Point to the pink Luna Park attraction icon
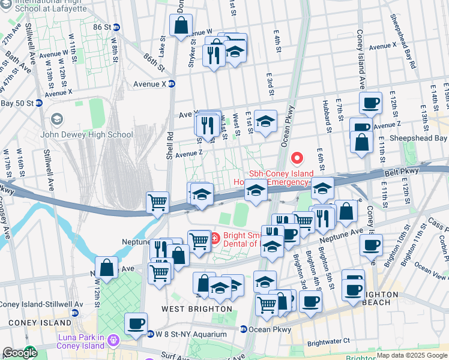point(113,340)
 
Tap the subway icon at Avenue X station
point(171,84)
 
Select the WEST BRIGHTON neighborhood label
point(196,309)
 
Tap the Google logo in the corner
point(19,353)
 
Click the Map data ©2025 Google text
point(412,355)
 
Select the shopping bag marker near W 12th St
point(106,268)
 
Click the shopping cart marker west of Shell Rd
point(157,202)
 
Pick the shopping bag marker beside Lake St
point(181,25)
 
